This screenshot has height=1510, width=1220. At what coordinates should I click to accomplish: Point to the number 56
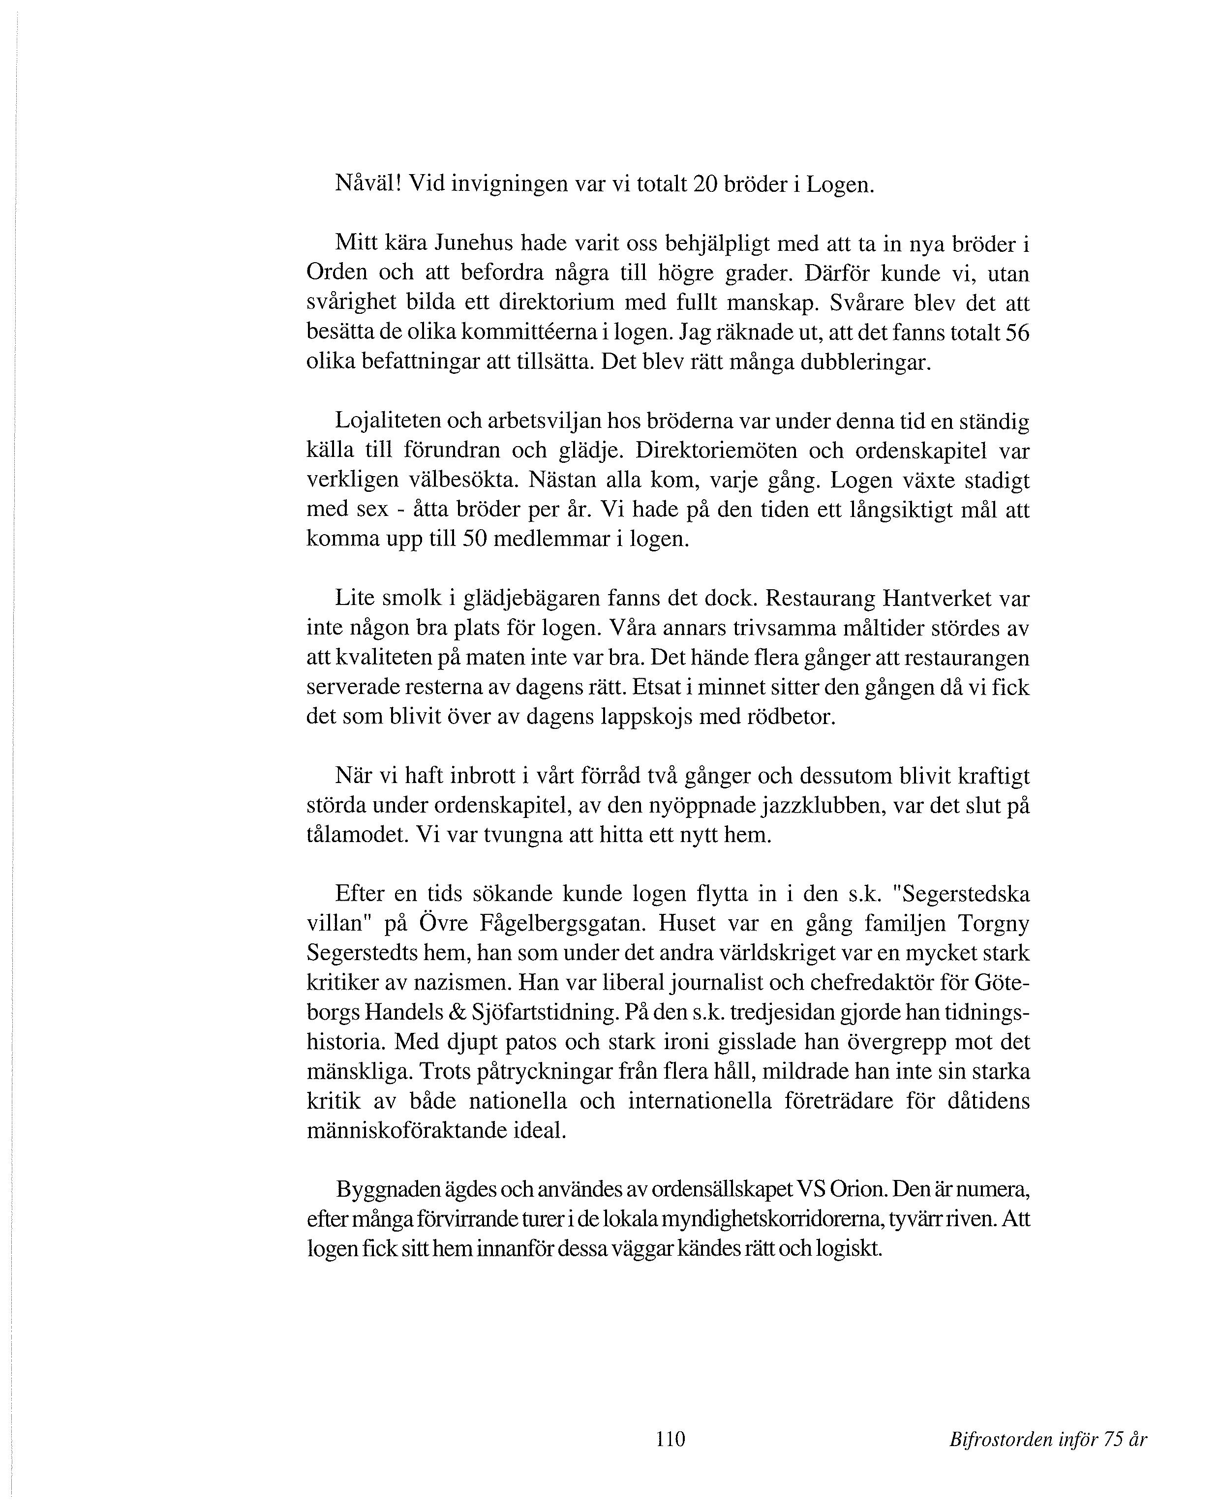pyautogui.click(x=1017, y=332)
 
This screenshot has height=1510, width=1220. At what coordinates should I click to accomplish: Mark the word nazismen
pyautogui.click(x=467, y=982)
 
